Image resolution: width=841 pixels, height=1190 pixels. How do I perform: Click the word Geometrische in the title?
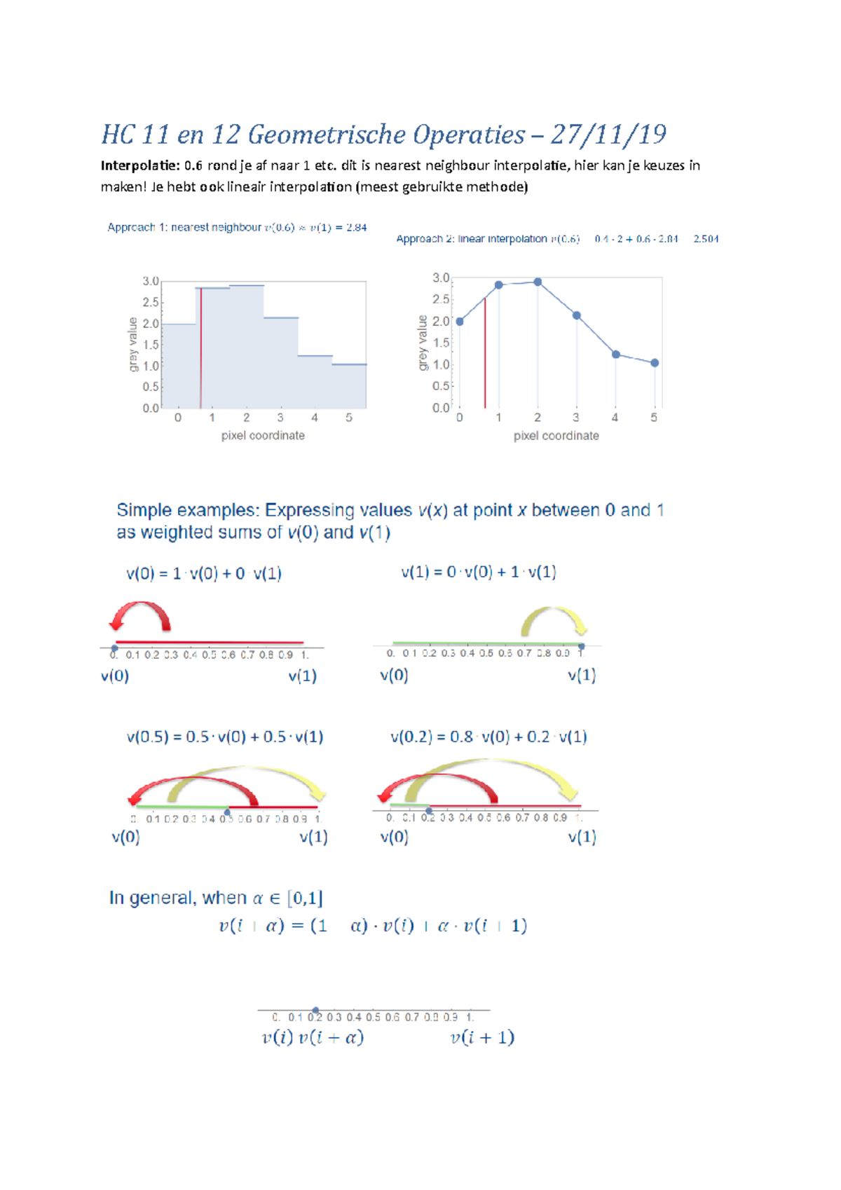(x=323, y=135)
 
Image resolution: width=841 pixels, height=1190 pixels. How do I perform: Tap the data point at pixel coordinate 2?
(x=538, y=282)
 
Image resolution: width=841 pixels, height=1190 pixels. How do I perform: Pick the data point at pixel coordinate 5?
(x=655, y=363)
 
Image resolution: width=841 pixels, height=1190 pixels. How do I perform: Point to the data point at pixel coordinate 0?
(x=460, y=322)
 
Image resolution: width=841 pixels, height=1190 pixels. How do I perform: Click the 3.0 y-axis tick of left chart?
(x=151, y=281)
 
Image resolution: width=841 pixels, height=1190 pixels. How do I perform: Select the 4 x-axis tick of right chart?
(x=615, y=418)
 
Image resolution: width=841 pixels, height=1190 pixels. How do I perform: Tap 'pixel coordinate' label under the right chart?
(x=556, y=436)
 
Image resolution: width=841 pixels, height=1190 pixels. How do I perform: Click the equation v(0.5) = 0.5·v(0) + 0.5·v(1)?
(x=225, y=737)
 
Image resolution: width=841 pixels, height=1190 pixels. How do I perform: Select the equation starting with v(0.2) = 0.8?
(x=488, y=737)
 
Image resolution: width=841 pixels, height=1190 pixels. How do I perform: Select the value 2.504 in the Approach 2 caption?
(x=706, y=239)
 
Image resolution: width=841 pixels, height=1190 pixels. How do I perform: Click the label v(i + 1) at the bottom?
(x=482, y=1038)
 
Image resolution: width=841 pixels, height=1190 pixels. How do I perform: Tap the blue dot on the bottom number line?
(x=315, y=1011)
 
